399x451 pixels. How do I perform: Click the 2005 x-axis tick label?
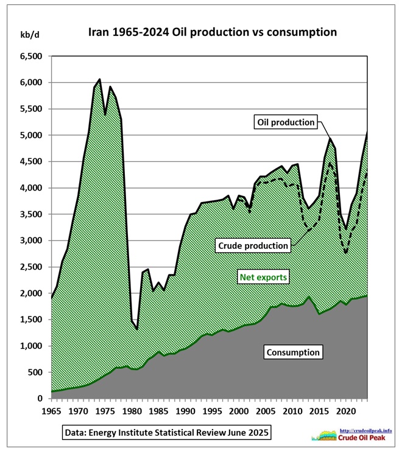266,411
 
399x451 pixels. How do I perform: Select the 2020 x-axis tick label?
347,411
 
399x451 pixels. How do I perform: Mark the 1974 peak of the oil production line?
99,79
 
